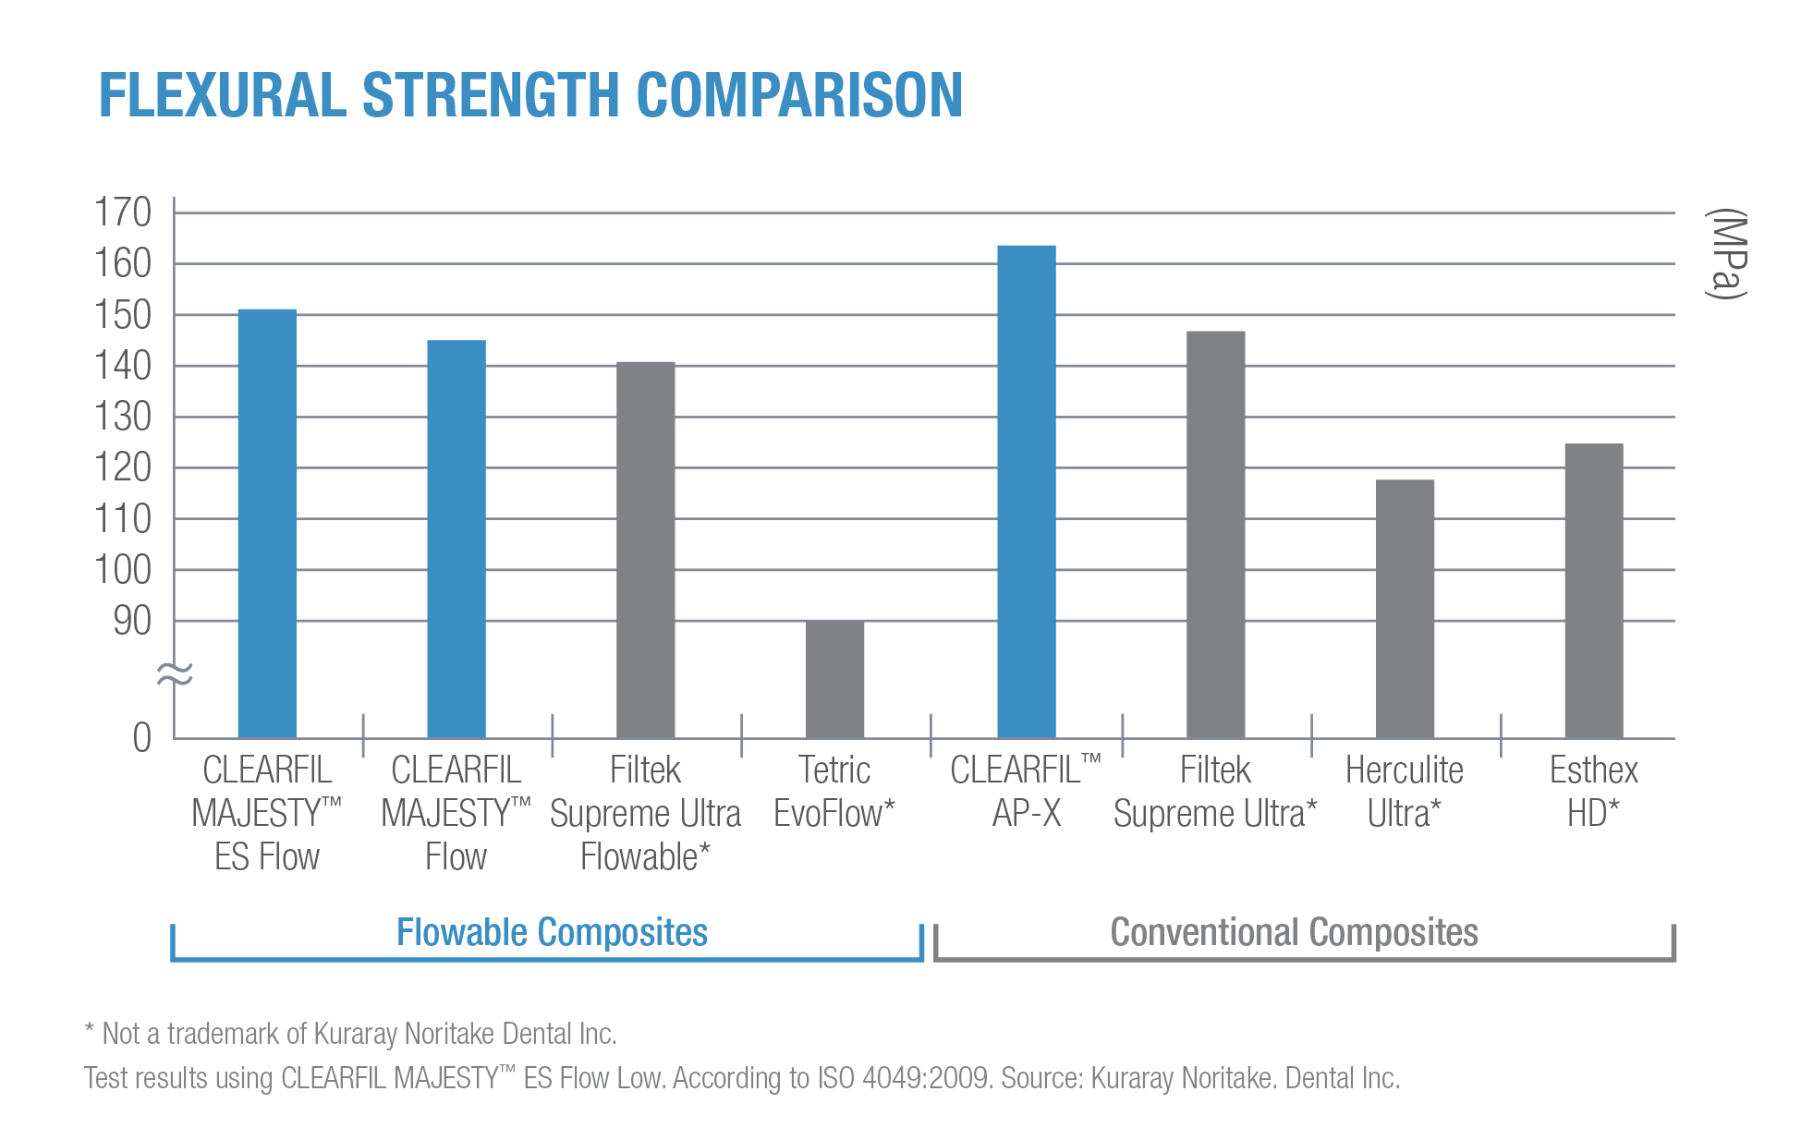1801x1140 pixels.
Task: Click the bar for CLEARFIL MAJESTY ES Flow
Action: [x=267, y=522]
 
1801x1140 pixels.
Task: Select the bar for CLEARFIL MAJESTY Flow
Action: [x=456, y=538]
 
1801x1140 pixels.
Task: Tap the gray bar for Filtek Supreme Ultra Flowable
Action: [x=646, y=549]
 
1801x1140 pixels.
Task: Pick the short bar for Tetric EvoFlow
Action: [x=835, y=678]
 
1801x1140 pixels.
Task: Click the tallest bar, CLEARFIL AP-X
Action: [x=1026, y=491]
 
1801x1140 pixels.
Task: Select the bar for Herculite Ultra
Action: [x=1405, y=608]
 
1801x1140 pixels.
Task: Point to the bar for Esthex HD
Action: [x=1594, y=589]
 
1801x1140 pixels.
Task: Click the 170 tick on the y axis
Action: [x=123, y=212]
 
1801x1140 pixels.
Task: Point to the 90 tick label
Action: [x=132, y=622]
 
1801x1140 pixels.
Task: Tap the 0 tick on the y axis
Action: [x=141, y=738]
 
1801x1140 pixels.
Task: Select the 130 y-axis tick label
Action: [x=123, y=418]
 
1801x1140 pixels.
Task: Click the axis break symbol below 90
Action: [x=175, y=675]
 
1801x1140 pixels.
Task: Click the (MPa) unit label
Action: [x=1725, y=254]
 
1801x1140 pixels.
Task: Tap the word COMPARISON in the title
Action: [x=799, y=96]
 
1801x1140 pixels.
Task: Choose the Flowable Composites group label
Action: [x=552, y=932]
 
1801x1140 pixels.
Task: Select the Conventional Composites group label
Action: [x=1294, y=932]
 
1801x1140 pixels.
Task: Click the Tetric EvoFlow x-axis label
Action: [x=834, y=792]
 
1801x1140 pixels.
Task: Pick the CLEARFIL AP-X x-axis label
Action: [x=1026, y=792]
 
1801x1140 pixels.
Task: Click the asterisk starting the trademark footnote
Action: [x=90, y=1030]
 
